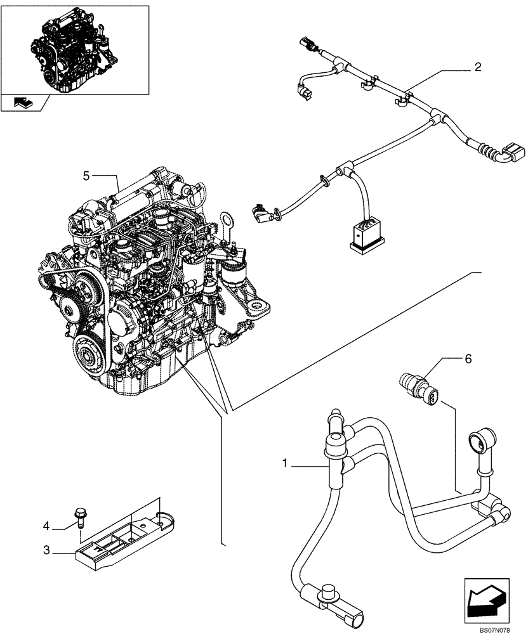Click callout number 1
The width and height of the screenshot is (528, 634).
tap(287, 465)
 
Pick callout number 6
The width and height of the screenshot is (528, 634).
tap(468, 358)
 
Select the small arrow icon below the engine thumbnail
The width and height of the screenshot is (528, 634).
tap(22, 101)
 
